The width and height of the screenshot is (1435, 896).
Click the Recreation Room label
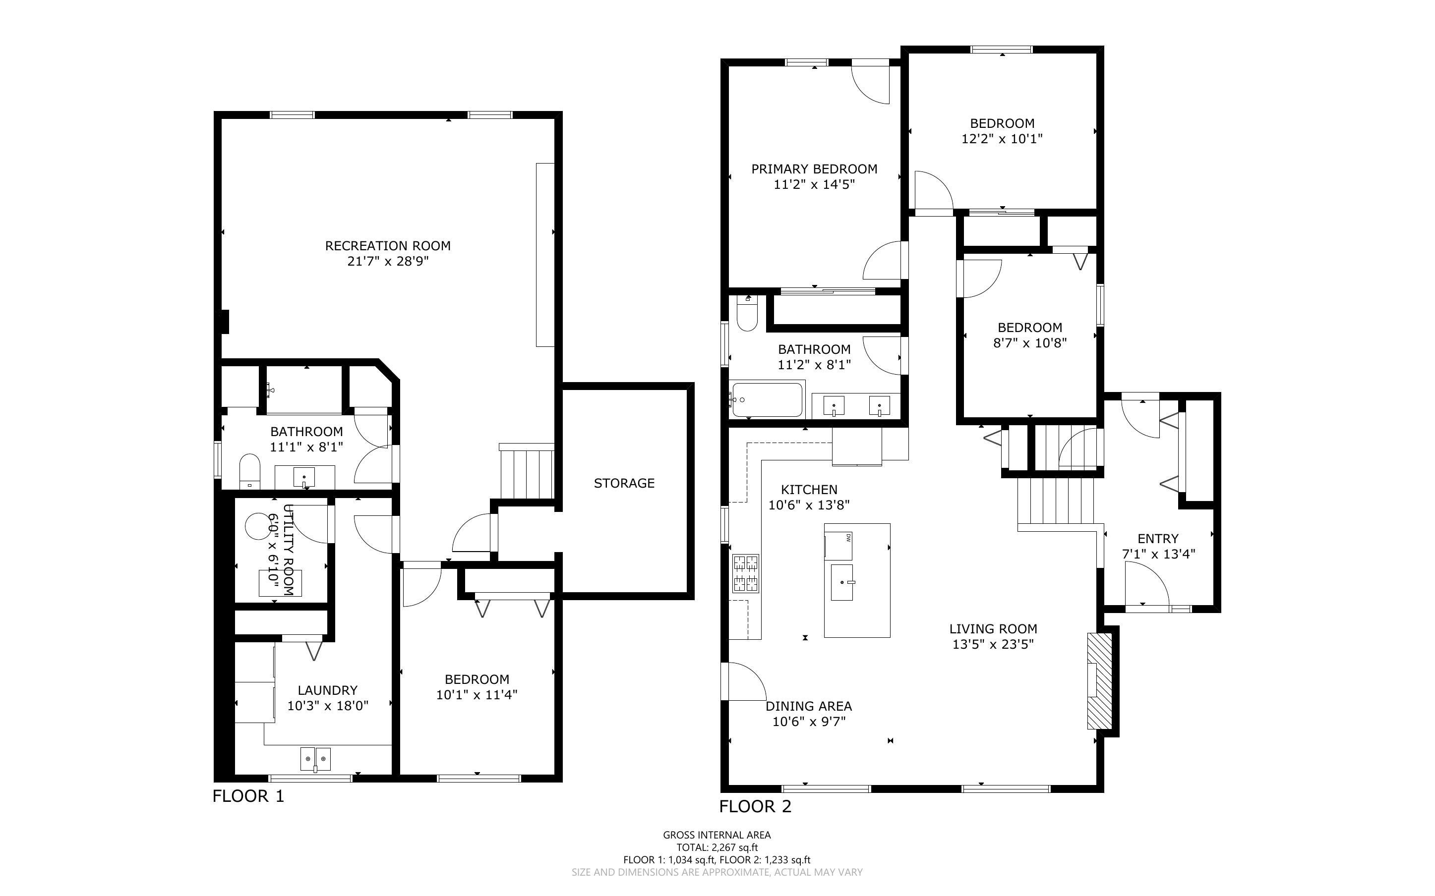tap(388, 246)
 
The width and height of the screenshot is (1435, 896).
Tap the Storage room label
tap(624, 483)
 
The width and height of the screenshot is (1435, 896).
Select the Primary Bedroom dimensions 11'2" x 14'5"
tap(814, 184)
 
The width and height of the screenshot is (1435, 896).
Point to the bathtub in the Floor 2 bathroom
tap(767, 399)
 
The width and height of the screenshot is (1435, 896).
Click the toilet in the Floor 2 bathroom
tap(747, 313)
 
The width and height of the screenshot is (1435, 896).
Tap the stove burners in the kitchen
tap(746, 573)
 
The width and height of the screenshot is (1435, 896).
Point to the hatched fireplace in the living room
tap(1099, 680)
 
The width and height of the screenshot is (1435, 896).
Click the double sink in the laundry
tap(315, 759)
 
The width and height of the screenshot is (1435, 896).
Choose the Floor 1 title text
tap(248, 796)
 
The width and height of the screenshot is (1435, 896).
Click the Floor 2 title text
tap(755, 806)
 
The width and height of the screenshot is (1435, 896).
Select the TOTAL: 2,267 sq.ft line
tap(717, 847)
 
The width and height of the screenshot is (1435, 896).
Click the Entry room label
tap(1158, 539)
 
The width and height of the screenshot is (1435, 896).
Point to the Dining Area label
tap(808, 706)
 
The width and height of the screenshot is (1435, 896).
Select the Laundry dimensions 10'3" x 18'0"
tap(328, 706)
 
